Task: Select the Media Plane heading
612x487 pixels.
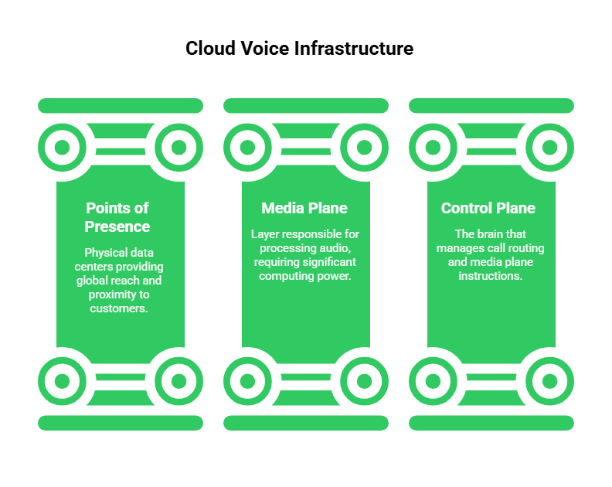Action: coord(304,208)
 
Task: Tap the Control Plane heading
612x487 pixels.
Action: coord(488,208)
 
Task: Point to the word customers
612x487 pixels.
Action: coord(120,308)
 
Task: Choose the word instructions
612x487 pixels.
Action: coord(491,276)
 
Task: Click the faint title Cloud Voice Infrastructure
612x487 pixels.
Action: coord(300,49)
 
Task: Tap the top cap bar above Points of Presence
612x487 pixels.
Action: coord(121,106)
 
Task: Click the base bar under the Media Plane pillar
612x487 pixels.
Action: coord(306,423)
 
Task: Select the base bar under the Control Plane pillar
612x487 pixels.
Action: coord(491,423)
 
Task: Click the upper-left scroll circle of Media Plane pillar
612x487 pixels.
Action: coord(248,147)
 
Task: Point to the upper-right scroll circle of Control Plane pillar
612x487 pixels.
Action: coord(549,147)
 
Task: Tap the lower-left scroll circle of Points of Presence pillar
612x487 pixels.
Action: coord(63,380)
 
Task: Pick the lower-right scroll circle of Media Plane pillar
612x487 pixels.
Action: coord(364,380)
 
